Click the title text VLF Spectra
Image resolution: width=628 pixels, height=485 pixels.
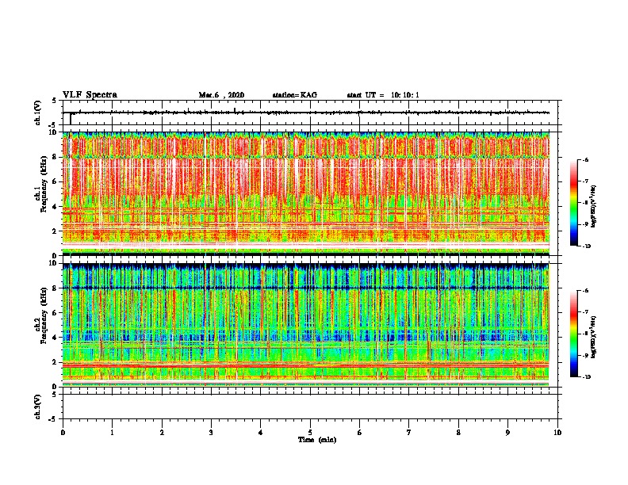[x=90, y=95]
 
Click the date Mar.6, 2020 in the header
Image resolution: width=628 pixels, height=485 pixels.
[x=221, y=95]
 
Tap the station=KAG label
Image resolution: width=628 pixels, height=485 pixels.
[x=294, y=95]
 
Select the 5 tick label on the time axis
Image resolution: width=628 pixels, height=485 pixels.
[x=311, y=433]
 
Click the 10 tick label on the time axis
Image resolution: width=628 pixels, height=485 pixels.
[x=558, y=433]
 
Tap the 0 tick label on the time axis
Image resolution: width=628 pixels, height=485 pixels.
[x=63, y=433]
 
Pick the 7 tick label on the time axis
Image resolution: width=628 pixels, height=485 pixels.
[x=409, y=433]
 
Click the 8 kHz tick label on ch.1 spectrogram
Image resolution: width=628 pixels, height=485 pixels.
[x=55, y=157]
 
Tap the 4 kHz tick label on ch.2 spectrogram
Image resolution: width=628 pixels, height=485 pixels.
[x=55, y=338]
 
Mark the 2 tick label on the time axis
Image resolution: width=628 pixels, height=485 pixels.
[x=162, y=433]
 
